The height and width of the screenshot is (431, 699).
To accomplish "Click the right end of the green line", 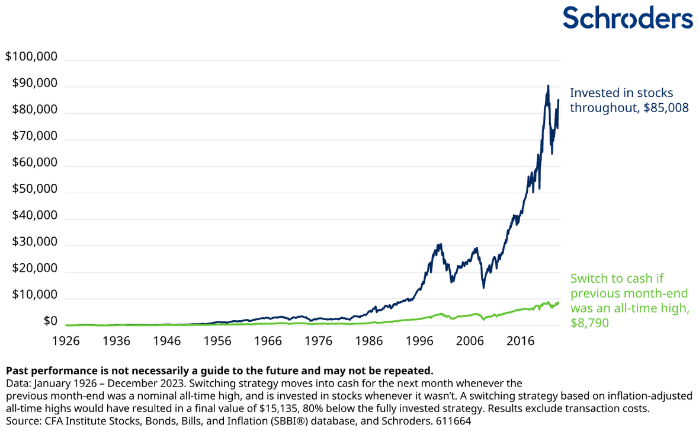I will (558, 302).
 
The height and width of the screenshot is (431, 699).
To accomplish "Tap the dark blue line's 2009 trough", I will (483, 288).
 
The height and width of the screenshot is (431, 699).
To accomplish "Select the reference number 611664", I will (451, 420).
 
